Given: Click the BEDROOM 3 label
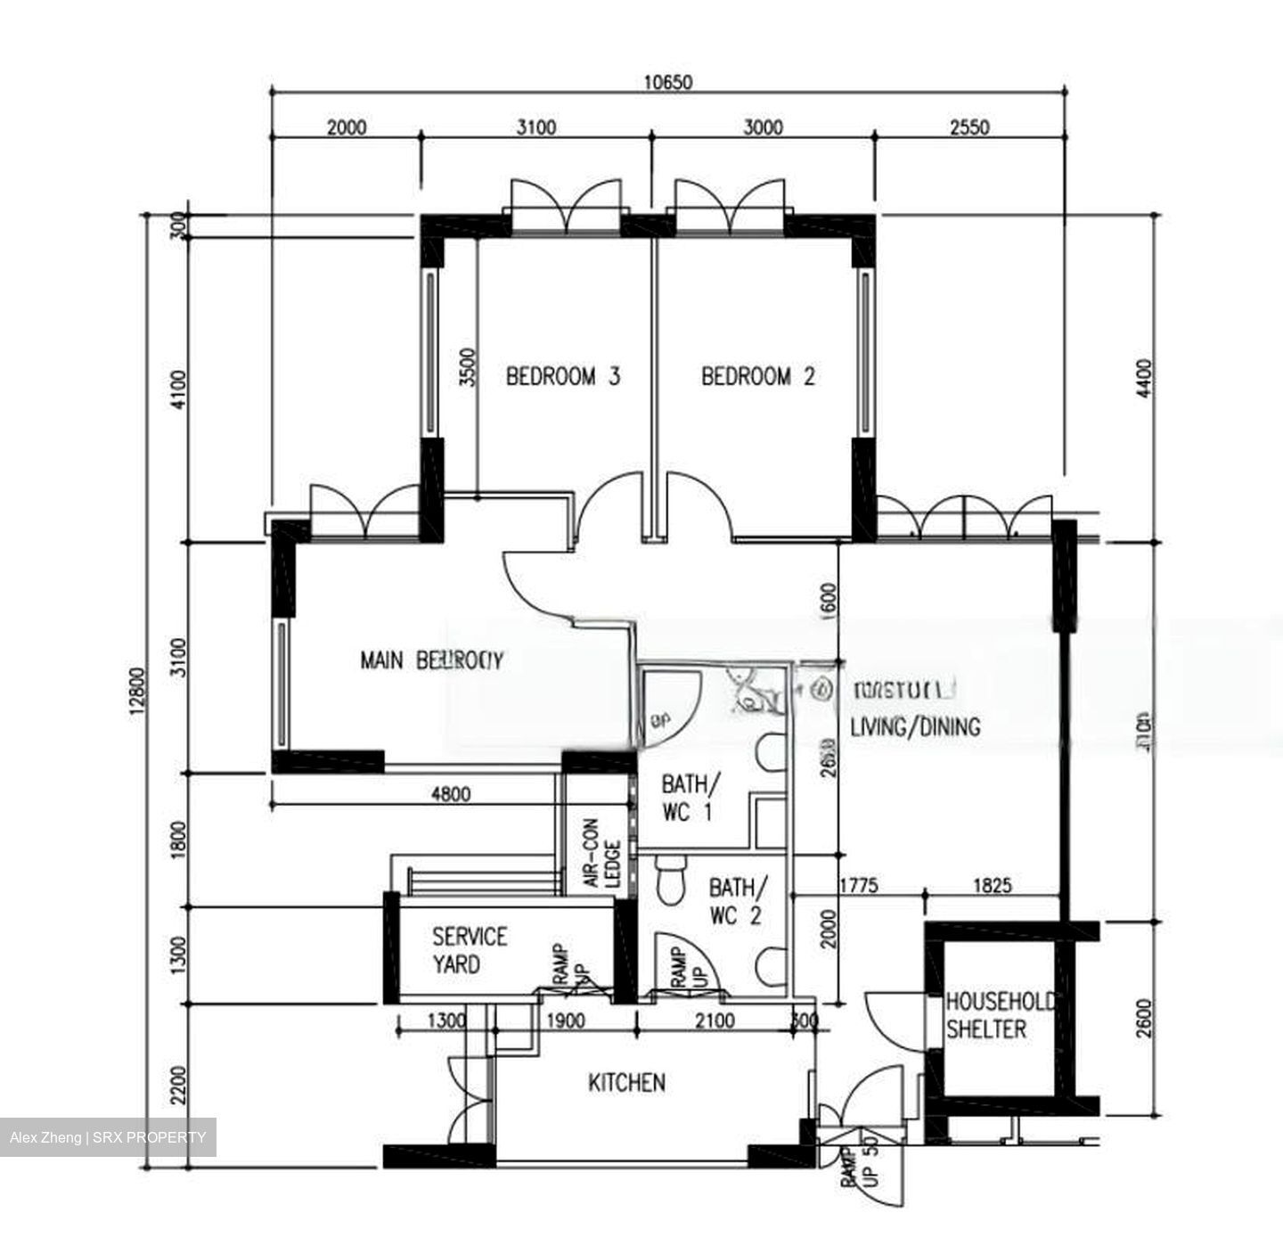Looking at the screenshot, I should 562,376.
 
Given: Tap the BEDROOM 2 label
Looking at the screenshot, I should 757,376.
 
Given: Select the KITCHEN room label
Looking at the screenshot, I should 626,1082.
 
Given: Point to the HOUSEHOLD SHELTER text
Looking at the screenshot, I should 999,1015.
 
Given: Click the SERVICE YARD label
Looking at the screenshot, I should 470,950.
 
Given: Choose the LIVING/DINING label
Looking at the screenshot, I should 915,726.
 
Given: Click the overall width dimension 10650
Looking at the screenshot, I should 668,82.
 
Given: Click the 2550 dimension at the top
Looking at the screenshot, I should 969,127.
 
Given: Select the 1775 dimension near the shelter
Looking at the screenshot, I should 859,885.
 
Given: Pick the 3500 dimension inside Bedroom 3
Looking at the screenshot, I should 468,367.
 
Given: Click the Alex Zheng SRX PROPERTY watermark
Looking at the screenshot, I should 108,1137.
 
